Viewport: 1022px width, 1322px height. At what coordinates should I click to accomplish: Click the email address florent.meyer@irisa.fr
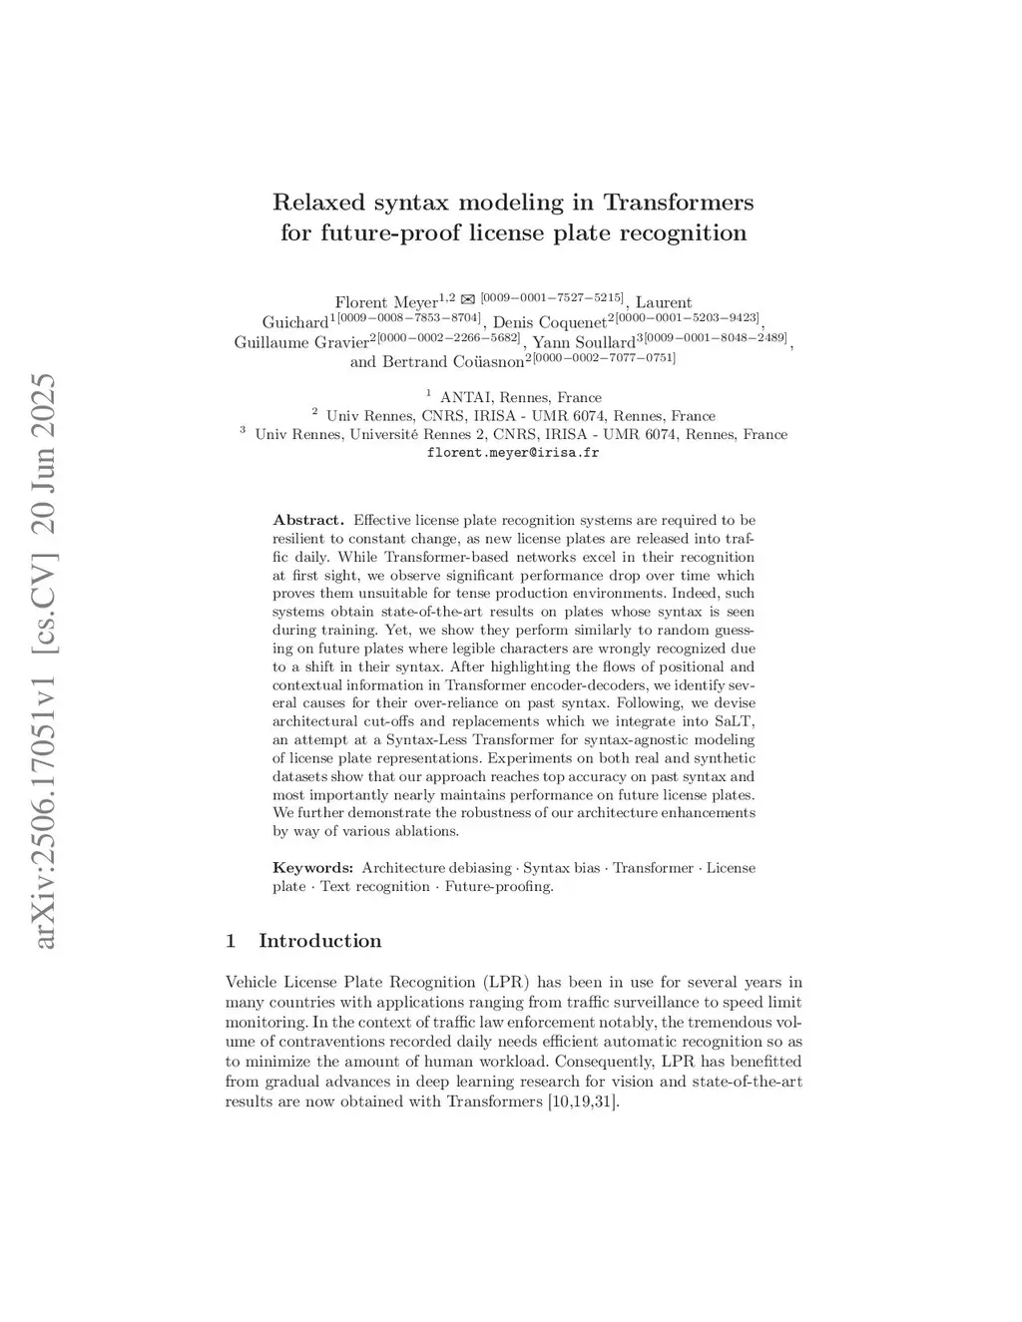tap(512, 452)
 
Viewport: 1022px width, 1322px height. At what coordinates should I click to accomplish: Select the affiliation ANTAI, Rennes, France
tap(520, 397)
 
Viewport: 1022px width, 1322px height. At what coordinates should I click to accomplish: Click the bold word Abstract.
tap(308, 520)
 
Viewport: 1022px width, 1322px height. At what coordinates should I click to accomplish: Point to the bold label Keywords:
tap(312, 868)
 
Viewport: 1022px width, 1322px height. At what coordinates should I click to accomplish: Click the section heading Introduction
tap(319, 941)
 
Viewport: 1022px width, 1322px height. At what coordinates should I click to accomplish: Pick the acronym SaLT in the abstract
tap(737, 721)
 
